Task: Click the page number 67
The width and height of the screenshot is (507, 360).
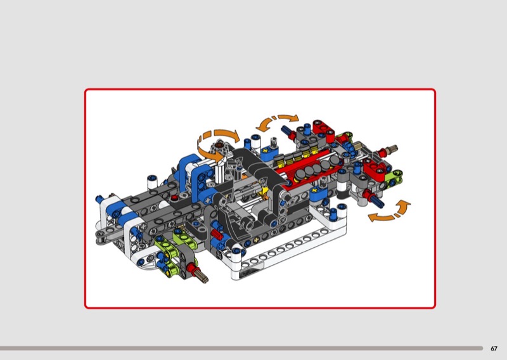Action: tap(494, 349)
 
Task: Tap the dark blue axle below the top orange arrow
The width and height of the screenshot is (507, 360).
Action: tap(286, 131)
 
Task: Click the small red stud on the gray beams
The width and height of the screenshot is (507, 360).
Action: tap(174, 198)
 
